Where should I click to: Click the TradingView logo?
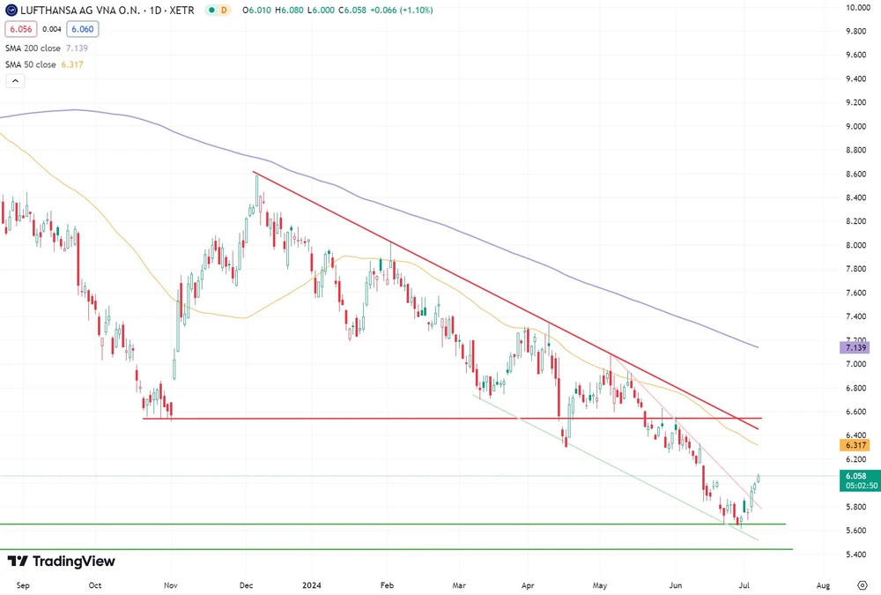[x=61, y=562]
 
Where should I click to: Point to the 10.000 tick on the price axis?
[x=858, y=8]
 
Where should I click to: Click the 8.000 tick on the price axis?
[x=856, y=245]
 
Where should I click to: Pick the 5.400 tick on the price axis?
[x=856, y=554]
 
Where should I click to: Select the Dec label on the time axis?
[x=247, y=584]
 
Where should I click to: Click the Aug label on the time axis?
[x=823, y=584]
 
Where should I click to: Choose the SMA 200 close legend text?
[x=31, y=48]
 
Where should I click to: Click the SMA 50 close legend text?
[x=29, y=64]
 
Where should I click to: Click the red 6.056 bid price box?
[x=19, y=29]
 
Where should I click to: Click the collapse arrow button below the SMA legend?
[x=15, y=81]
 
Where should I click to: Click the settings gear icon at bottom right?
[x=862, y=584]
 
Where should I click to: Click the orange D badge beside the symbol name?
[x=224, y=10]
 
